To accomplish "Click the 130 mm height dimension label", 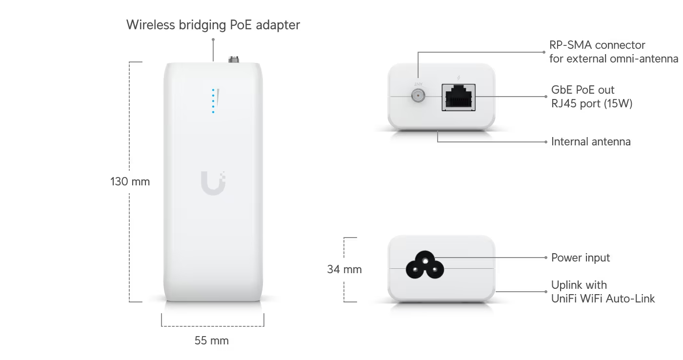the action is click(130, 181).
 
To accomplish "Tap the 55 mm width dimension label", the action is click(212, 340).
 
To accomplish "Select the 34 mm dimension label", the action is click(344, 269).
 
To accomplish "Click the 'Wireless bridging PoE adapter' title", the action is click(213, 25).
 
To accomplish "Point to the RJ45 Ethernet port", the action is click(459, 97).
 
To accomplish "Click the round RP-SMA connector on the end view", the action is click(418, 96).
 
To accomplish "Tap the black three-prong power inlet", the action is click(425, 265).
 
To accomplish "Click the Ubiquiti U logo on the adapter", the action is click(213, 183).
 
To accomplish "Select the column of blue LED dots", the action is click(213, 101).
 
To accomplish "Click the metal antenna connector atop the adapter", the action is click(234, 59).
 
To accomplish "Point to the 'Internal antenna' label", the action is click(591, 142).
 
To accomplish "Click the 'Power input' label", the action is click(581, 258).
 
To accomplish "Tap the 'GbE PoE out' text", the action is click(583, 90).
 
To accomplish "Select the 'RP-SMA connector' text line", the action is click(597, 45).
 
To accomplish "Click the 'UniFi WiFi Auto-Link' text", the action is click(603, 299).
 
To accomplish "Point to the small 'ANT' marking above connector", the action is click(418, 84).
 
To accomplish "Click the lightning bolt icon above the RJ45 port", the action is click(459, 78).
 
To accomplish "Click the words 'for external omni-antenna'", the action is click(614, 59).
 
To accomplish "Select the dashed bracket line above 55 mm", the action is click(213, 326).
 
